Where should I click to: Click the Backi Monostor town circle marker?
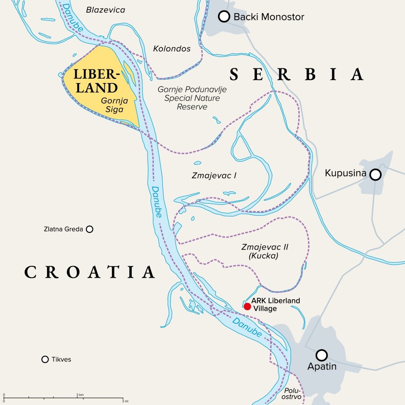click(224, 17)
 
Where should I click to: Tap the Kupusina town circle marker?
click(375, 174)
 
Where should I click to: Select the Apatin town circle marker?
click(322, 354)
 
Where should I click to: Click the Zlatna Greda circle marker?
click(90, 229)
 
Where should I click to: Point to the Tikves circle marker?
click(45, 359)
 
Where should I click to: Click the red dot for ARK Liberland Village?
click(247, 307)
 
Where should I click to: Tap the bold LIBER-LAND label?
click(96, 81)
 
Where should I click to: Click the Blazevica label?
click(106, 10)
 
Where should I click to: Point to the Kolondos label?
click(172, 49)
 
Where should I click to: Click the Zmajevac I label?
click(214, 175)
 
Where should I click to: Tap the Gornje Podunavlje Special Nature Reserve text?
click(192, 98)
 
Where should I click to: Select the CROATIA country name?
click(89, 272)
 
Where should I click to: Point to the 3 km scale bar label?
click(79, 395)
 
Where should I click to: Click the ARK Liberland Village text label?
click(275, 305)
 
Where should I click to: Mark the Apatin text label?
click(322, 366)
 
